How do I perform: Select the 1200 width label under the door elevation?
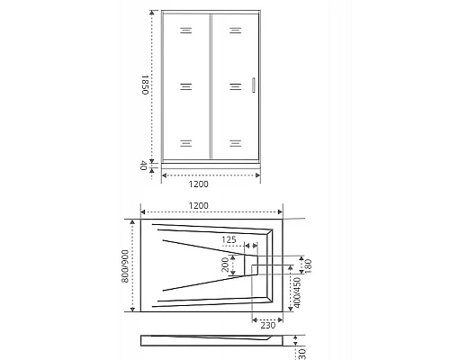[x=210, y=186]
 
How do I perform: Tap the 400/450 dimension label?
[x=298, y=293]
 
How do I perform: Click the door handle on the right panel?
[x=255, y=85]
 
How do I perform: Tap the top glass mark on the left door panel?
[x=185, y=31]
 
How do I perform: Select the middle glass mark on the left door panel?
[x=185, y=86]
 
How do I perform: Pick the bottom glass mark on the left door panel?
[x=185, y=142]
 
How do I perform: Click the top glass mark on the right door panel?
[x=235, y=31]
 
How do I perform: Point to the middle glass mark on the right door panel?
[x=235, y=86]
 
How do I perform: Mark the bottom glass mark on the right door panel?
[x=235, y=142]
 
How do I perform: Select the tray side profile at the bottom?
[x=216, y=341]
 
